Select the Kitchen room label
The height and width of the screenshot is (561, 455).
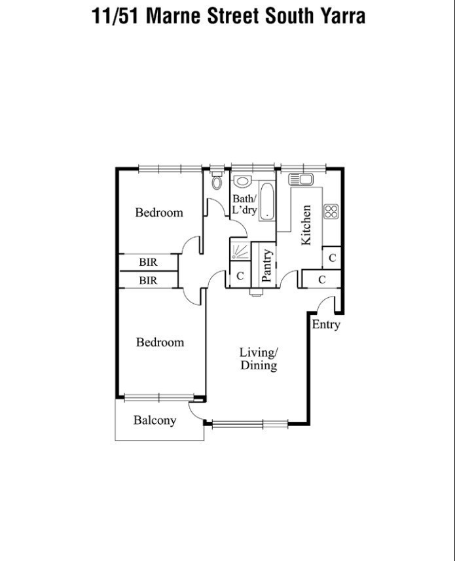coord(306,226)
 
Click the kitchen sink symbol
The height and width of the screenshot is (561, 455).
coord(300,179)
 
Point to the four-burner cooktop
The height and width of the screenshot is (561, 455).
coord(331,211)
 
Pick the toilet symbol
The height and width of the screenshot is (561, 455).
coord(217,182)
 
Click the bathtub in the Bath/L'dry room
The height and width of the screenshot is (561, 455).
coord(267,202)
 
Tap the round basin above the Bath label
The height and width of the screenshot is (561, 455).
coord(242,181)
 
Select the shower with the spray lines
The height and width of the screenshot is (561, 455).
coord(239,251)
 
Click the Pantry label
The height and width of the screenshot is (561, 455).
coord(266,266)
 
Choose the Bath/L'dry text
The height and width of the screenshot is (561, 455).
coord(245,204)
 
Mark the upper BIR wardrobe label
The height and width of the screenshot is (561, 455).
coord(148,262)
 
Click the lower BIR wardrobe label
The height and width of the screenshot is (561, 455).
coord(148,280)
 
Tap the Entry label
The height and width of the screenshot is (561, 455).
coord(325,324)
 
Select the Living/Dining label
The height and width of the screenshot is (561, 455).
coord(259,359)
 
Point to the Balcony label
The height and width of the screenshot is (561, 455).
coord(155,420)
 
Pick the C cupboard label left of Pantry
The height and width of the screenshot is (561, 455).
coord(240,276)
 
